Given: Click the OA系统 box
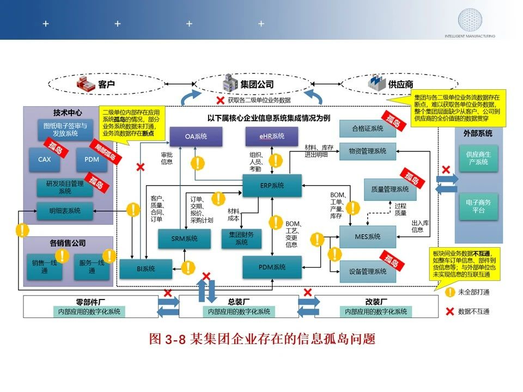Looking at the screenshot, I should click(x=196, y=136).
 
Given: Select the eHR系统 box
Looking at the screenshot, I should click(x=271, y=136).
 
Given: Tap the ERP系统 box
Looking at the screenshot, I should click(x=271, y=186).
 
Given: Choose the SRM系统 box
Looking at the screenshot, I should click(x=185, y=238).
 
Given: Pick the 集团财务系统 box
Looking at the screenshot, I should click(x=241, y=238).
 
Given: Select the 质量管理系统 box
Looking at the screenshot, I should click(x=390, y=189).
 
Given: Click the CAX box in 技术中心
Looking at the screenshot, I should click(x=45, y=160).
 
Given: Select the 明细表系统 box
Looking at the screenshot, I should click(x=65, y=211).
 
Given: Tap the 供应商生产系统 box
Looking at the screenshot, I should click(x=478, y=158).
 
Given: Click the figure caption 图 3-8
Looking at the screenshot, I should click(x=262, y=339).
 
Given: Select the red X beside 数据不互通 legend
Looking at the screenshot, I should click(x=450, y=311).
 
